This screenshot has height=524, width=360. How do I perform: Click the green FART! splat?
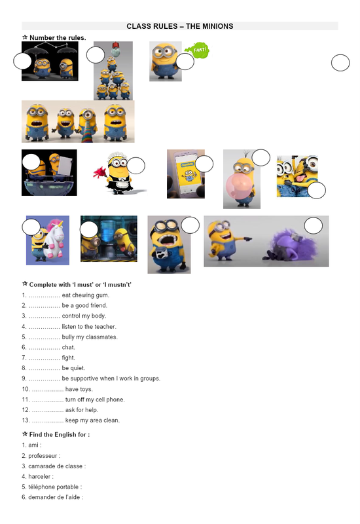(x=198, y=50)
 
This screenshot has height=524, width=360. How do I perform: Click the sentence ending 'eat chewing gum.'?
(x=66, y=295)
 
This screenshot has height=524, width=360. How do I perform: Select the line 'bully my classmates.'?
(x=70, y=337)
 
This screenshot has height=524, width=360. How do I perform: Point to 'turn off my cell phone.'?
(x=73, y=400)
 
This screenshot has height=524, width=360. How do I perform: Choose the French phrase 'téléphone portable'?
(x=54, y=487)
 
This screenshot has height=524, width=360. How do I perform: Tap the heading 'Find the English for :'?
(x=60, y=434)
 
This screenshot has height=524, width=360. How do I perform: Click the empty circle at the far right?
(x=340, y=63)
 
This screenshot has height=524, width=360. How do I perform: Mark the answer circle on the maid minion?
(x=136, y=166)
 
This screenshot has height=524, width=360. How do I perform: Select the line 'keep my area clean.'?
(x=71, y=420)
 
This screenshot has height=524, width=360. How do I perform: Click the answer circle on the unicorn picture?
(x=31, y=227)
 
